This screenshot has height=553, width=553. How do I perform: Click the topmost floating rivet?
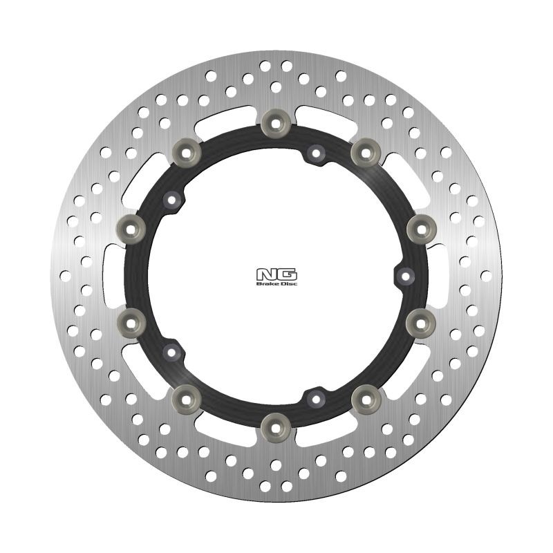pos(276,122)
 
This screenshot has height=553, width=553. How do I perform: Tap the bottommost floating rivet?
pos(276,422)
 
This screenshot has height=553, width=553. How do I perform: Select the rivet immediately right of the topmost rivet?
pos(364,150)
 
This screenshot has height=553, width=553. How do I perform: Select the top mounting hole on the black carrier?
pos(316,152)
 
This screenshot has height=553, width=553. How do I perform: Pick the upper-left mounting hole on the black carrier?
pos(171,200)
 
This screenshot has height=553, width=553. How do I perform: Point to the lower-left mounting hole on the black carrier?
pos(171,351)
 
